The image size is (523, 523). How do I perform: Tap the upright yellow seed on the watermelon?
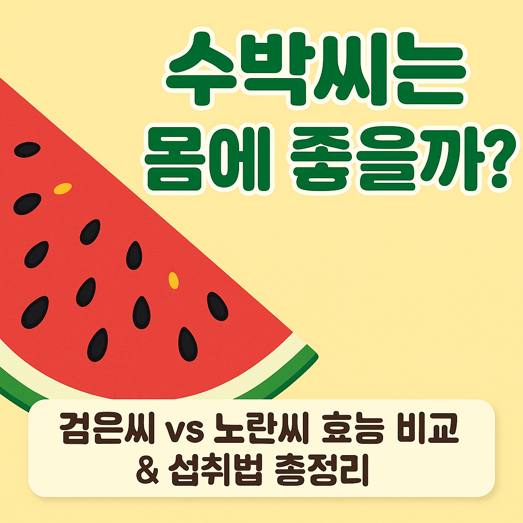[174, 280]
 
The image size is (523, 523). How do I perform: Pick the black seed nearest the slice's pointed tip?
[217, 306]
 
